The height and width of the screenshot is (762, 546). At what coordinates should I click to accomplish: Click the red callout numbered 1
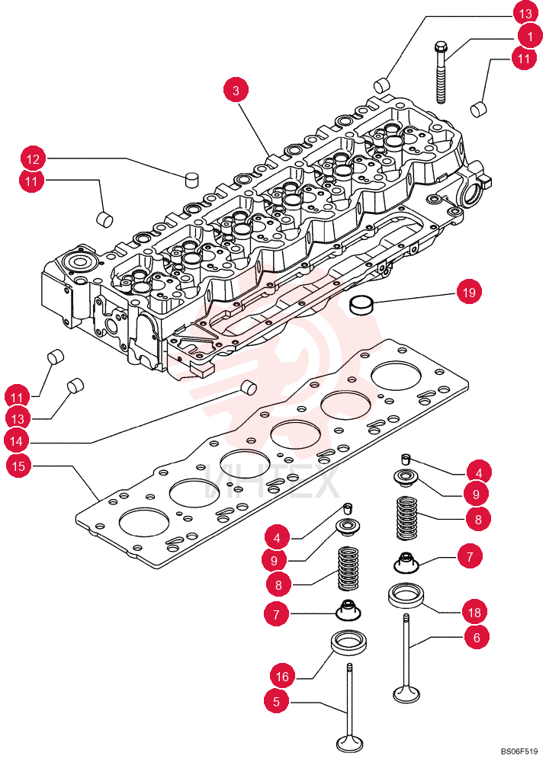(529, 36)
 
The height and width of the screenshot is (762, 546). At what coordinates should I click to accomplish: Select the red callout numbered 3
(236, 91)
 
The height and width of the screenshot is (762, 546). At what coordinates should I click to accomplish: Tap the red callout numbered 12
(33, 159)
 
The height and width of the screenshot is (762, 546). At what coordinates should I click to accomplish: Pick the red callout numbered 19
(469, 292)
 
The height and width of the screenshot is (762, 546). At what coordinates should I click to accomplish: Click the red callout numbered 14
(17, 440)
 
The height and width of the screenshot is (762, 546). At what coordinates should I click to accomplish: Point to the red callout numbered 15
(18, 466)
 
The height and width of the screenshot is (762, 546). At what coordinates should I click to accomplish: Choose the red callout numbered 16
(282, 676)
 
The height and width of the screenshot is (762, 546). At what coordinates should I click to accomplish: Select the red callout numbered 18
(474, 613)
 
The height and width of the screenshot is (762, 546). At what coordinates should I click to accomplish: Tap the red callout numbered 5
(277, 701)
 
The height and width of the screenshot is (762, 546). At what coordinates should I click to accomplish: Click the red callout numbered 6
(477, 637)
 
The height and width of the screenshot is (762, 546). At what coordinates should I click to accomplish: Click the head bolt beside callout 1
(441, 72)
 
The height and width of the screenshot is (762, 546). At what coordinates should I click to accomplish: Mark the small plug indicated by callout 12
(192, 179)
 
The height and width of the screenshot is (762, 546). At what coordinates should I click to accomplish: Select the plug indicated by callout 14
(249, 386)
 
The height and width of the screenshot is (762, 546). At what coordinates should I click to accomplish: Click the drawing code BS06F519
(519, 751)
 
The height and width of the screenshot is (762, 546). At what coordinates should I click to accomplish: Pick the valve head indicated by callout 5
(349, 744)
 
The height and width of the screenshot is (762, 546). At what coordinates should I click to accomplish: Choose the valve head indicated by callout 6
(406, 694)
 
